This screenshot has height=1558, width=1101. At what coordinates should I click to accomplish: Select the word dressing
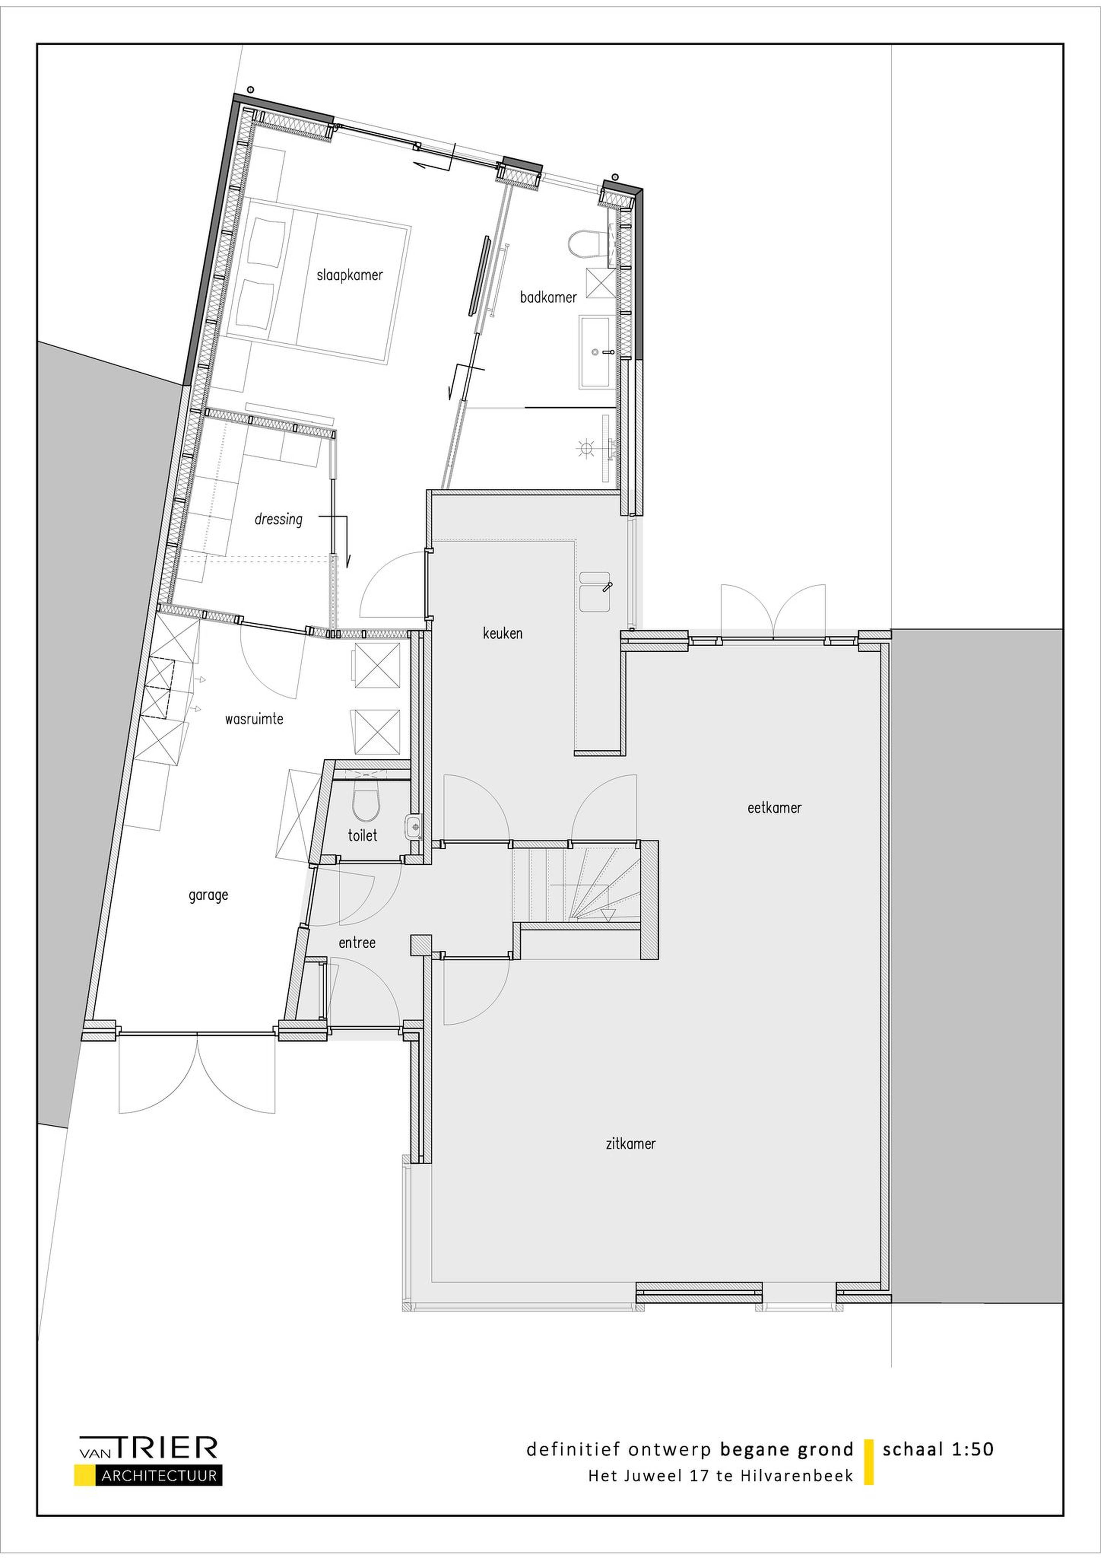point(278,520)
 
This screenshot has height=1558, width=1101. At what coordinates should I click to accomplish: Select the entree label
point(357,943)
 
